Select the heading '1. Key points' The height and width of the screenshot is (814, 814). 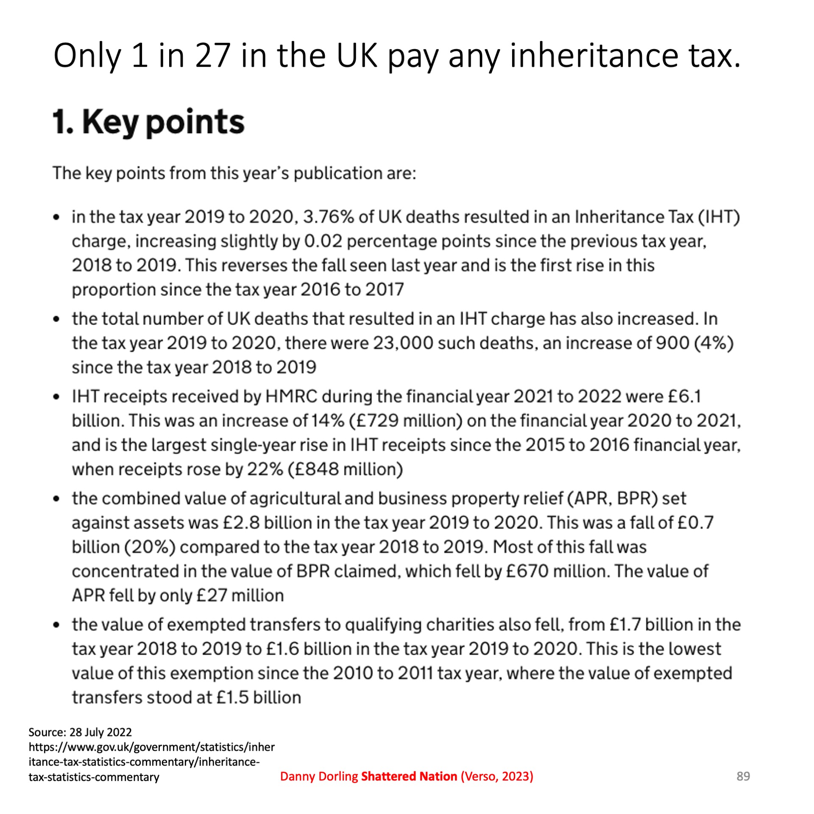148,122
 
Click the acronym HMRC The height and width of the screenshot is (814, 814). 291,396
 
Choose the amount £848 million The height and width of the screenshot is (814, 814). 345,469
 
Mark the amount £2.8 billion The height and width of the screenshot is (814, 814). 241,522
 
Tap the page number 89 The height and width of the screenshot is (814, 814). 743,776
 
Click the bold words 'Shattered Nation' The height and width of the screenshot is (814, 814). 409,776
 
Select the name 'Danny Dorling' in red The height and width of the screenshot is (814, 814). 319,776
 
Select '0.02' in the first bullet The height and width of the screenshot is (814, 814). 323,241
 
